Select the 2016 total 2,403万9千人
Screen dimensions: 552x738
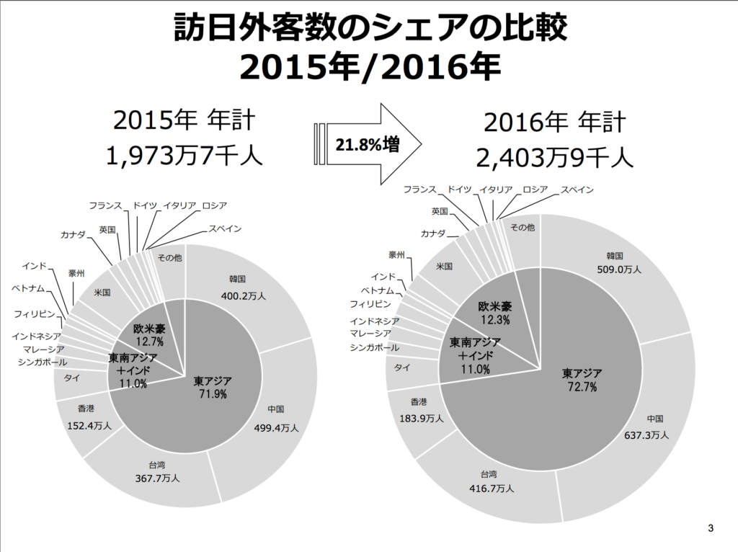pos(554,155)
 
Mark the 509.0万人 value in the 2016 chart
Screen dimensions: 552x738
pos(619,270)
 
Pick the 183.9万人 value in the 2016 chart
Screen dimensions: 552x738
pos(421,418)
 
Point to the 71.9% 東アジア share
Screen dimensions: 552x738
pos(213,394)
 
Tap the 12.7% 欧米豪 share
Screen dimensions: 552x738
pos(149,341)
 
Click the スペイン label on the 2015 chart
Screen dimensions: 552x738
pos(225,229)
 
